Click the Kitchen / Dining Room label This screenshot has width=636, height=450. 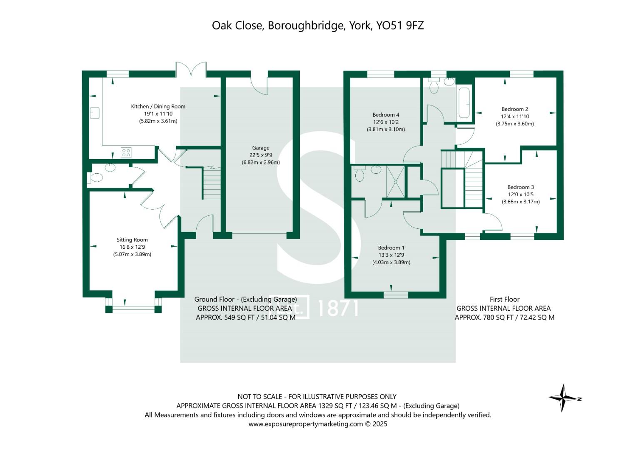pos(158,106)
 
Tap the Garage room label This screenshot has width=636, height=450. pos(261,147)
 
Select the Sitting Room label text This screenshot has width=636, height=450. pos(132,240)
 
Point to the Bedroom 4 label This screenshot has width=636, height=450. pos(386,115)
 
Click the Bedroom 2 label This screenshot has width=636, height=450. pos(515,109)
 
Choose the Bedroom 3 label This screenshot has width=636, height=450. pos(520,187)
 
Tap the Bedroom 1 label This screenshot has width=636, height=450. pos(391,247)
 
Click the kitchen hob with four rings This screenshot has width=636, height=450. pos(126,152)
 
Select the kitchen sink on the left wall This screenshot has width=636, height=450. pos(95,113)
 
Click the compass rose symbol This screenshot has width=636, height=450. pos(563,398)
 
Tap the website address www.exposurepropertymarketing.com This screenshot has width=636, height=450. pos(306,424)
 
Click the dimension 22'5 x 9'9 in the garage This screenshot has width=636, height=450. pos(261,155)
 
